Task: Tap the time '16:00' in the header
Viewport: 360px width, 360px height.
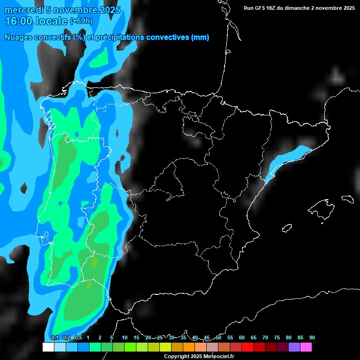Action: coord(19,21)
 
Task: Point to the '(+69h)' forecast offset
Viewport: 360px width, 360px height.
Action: coord(81,21)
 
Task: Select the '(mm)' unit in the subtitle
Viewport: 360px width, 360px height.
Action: coord(200,37)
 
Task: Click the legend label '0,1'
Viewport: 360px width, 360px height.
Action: coord(54,337)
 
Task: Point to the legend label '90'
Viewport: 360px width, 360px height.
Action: coord(312,337)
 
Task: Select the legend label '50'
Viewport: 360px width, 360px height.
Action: coord(218,337)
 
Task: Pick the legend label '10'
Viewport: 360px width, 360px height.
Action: coord(125,337)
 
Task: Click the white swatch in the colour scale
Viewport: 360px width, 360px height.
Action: coord(48,347)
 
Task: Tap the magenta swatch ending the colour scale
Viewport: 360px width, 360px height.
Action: coord(306,347)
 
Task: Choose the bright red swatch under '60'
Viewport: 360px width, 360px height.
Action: coord(247,347)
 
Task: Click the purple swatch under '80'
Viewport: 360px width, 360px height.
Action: coord(294,347)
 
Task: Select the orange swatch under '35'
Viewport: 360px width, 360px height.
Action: coord(188,347)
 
